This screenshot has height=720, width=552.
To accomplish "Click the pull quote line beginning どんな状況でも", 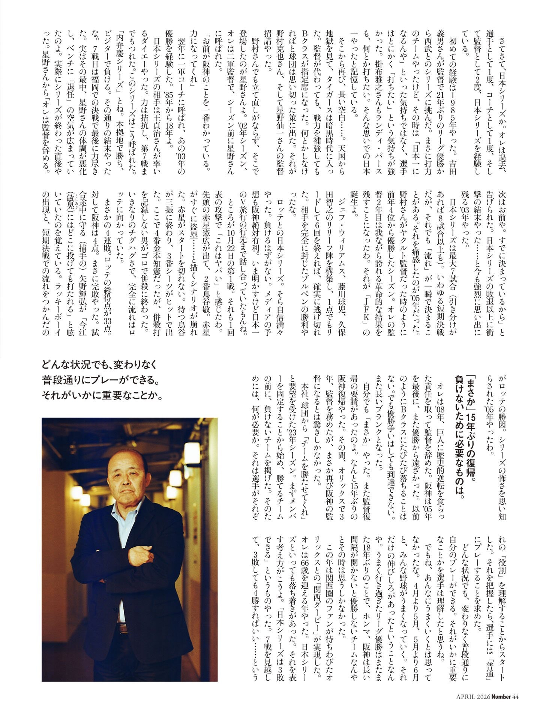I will [102, 364].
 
